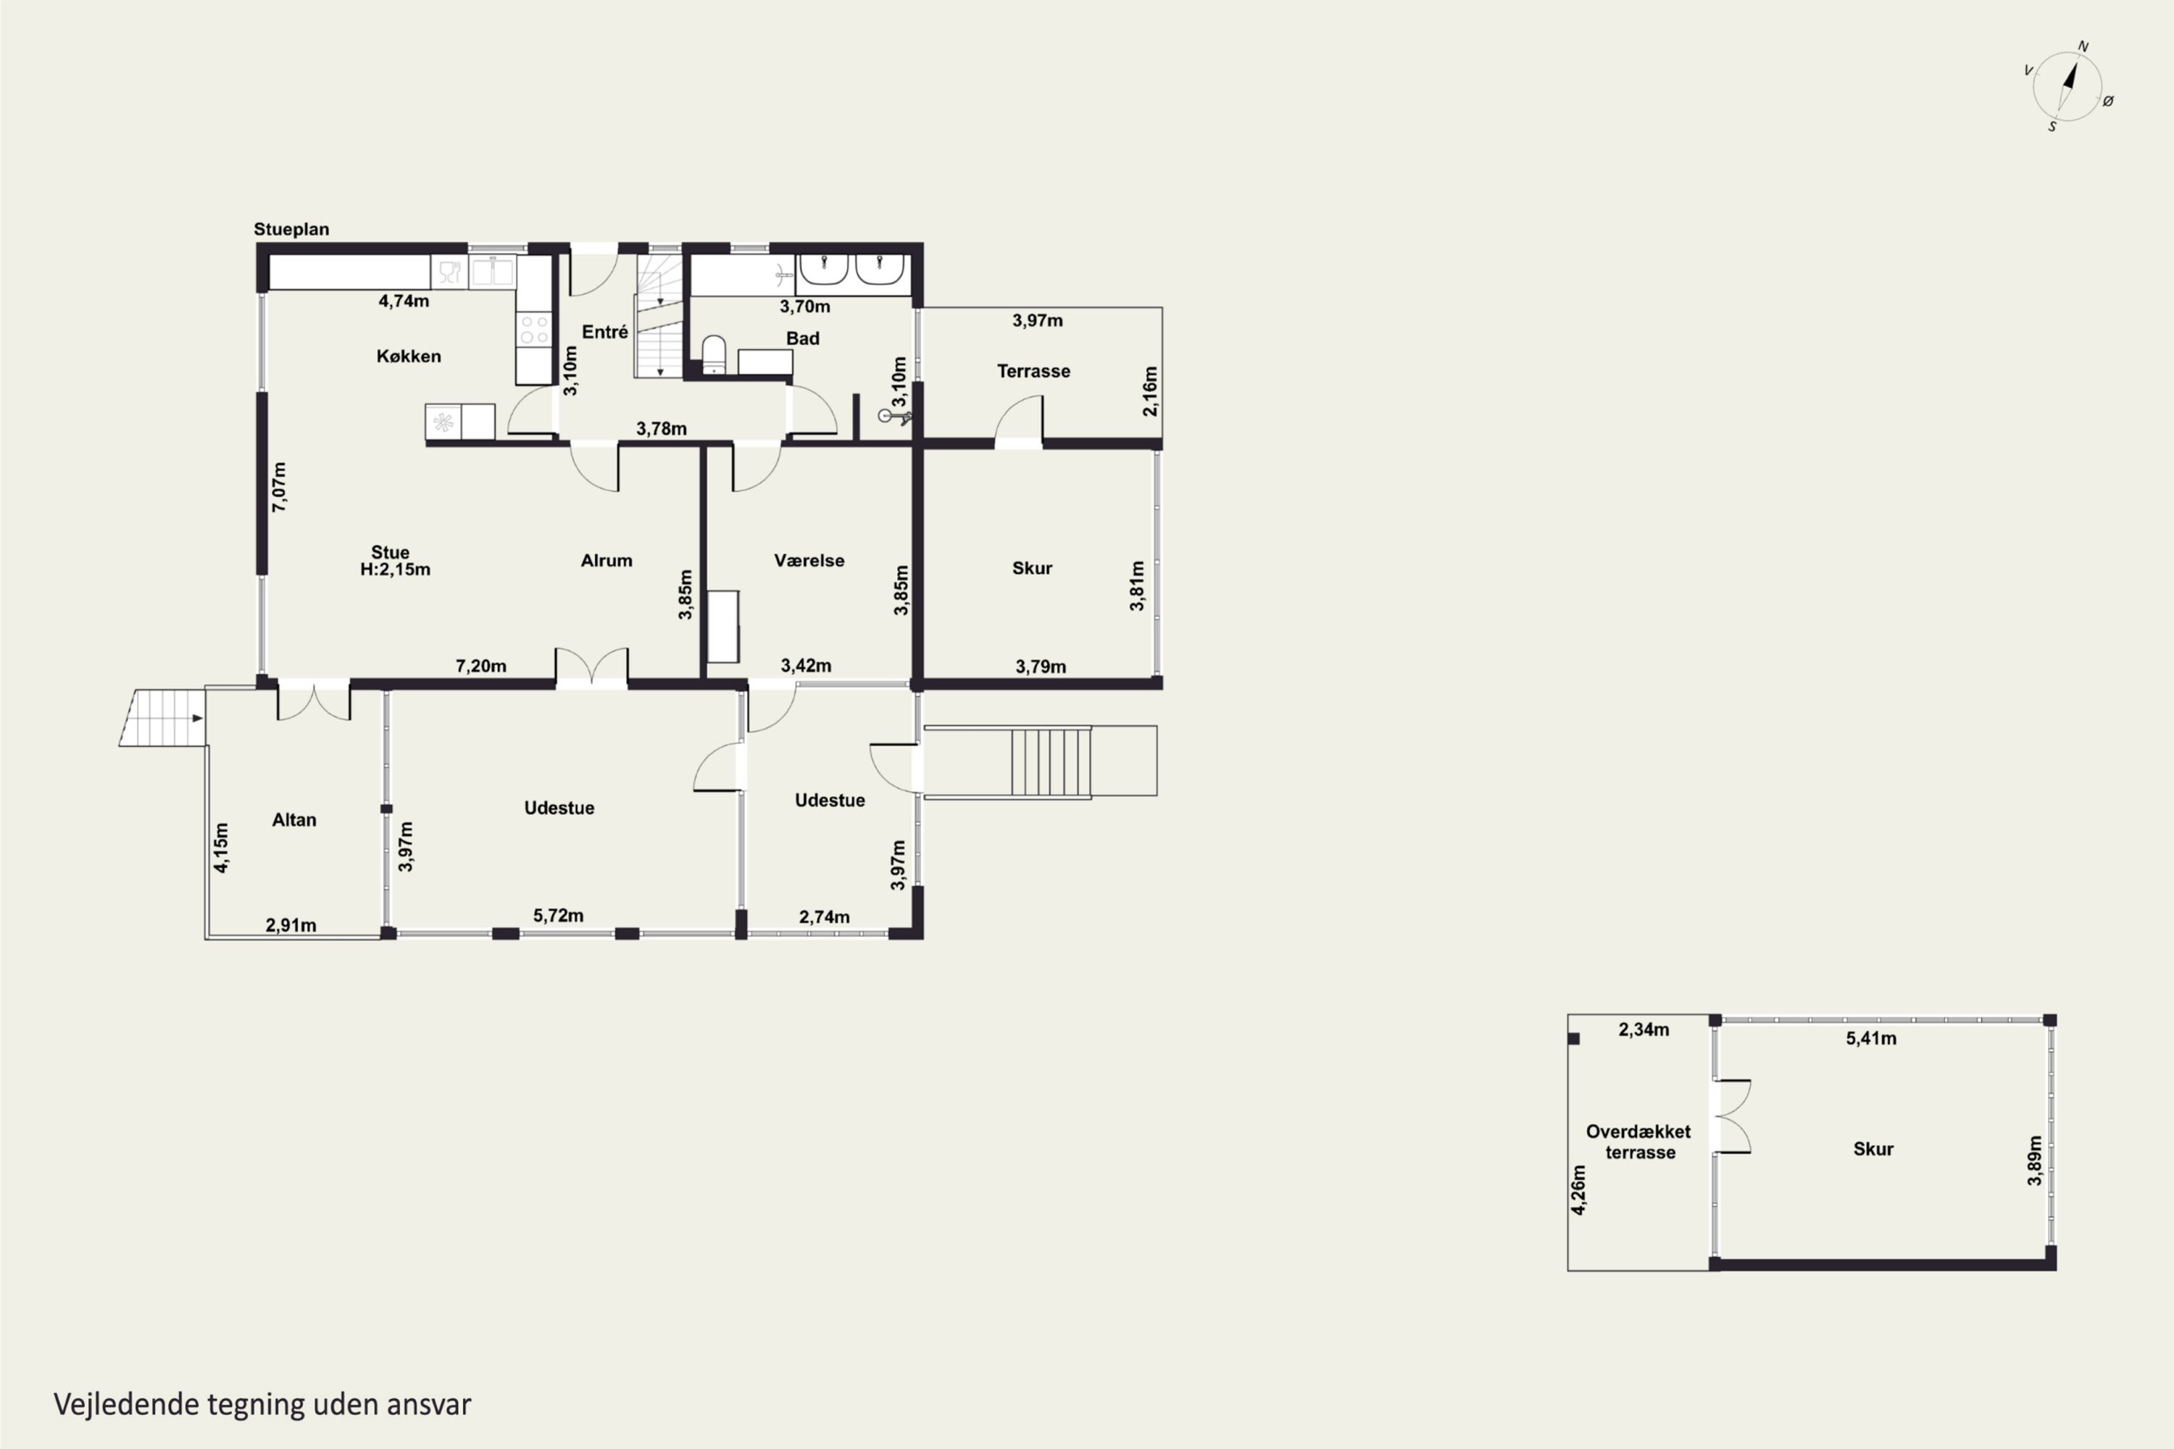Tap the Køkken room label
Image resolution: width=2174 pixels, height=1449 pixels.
409,356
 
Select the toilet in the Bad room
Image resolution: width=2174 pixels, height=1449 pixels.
714,355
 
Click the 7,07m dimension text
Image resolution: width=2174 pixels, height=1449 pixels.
279,487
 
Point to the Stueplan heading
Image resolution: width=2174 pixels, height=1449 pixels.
291,229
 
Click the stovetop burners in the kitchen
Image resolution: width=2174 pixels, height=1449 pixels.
533,330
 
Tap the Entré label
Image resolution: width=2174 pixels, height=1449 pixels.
604,332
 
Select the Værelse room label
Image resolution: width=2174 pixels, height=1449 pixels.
809,561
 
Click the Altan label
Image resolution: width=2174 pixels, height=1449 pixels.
294,819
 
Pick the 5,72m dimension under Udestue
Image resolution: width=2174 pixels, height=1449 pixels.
558,916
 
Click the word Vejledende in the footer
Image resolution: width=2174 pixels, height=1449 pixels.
127,1405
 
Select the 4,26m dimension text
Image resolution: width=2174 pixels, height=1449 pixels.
1578,1190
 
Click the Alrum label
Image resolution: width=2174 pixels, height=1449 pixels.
607,561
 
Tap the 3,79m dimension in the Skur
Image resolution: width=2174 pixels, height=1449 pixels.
1041,667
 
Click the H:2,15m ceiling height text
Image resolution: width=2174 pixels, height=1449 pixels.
395,570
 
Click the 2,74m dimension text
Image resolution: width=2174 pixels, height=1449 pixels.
825,916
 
